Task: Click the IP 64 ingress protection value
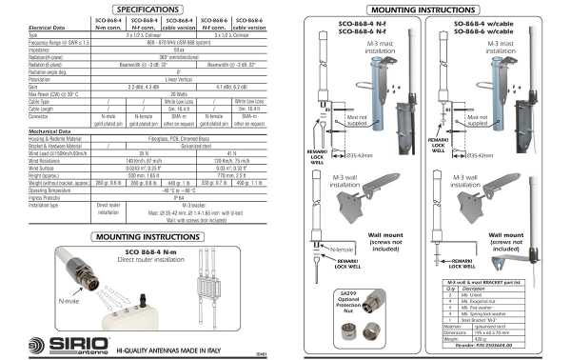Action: point(178,197)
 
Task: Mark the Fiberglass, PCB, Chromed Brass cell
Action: point(178,139)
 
